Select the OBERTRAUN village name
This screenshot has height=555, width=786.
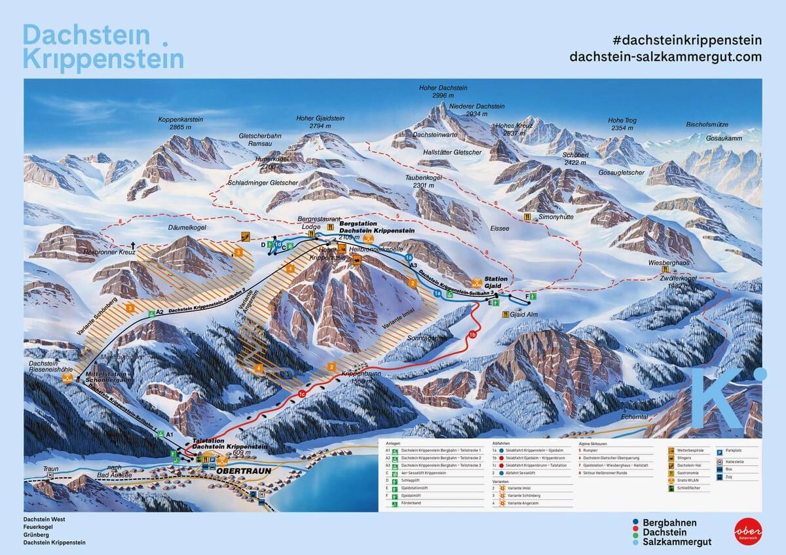223,469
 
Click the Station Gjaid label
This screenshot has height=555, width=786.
496,282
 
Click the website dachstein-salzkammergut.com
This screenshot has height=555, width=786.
665,57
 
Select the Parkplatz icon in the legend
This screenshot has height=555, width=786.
719,451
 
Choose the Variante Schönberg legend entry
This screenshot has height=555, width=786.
525,497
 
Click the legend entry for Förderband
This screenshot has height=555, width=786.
419,506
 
